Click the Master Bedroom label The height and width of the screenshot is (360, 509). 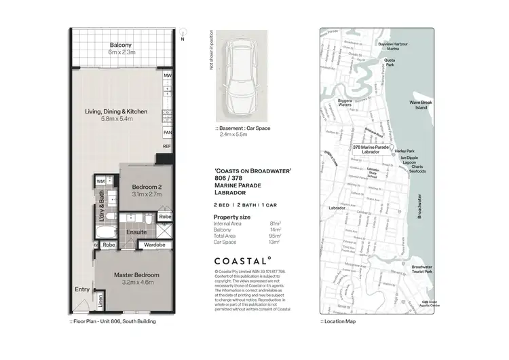pos(136,275)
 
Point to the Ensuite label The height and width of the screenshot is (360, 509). pos(136,232)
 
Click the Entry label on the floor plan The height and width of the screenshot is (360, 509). pos(81,290)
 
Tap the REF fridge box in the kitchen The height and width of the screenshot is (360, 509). pos(167,147)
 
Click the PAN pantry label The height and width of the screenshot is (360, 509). pos(167,133)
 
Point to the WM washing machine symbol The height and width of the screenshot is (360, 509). pos(100,181)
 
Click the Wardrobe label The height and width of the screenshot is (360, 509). pos(155,244)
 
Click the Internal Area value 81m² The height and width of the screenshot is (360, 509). pos(276,223)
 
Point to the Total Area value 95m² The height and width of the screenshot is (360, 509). pos(276,235)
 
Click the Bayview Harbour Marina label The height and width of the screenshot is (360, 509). pos(393,46)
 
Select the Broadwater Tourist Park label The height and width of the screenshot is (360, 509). pos(421,270)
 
